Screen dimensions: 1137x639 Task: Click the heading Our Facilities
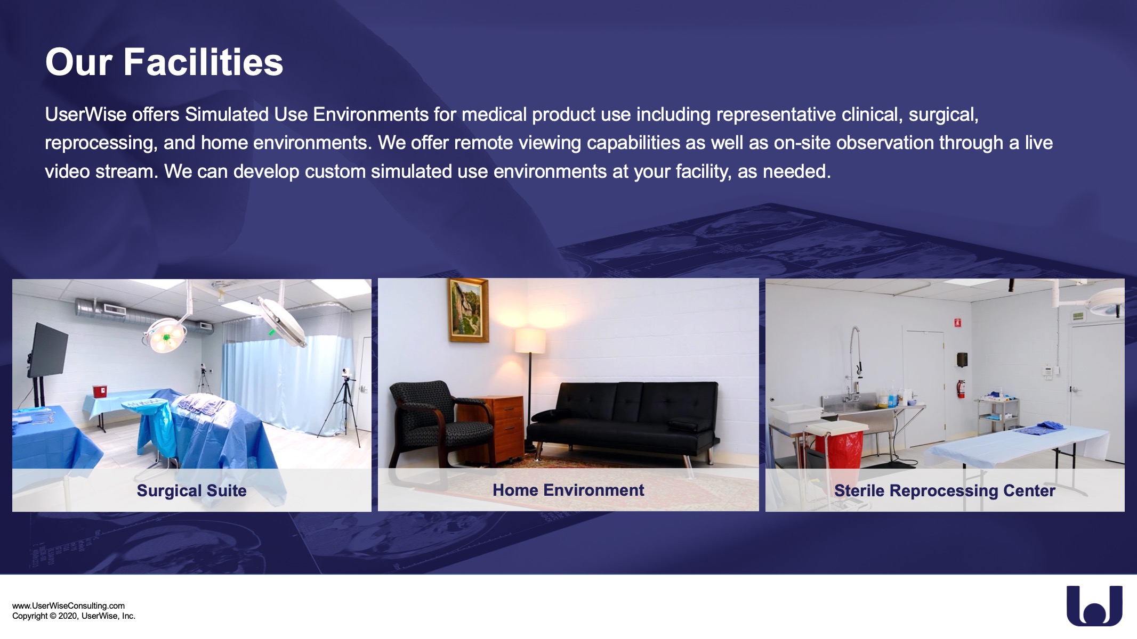tap(164, 62)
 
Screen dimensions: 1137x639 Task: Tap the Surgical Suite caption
tap(192, 490)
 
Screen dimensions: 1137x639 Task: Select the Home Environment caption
tap(568, 490)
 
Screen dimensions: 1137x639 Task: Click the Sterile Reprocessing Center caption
tap(945, 490)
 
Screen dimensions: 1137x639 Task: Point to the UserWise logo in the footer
tap(1094, 605)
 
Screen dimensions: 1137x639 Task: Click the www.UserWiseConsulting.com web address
tap(68, 606)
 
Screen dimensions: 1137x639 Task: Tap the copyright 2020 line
tap(74, 616)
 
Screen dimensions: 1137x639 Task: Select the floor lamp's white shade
tap(530, 341)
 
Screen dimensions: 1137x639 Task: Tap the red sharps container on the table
tap(100, 391)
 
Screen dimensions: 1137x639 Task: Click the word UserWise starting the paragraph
tap(86, 114)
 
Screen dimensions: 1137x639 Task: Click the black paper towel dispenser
tap(962, 360)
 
